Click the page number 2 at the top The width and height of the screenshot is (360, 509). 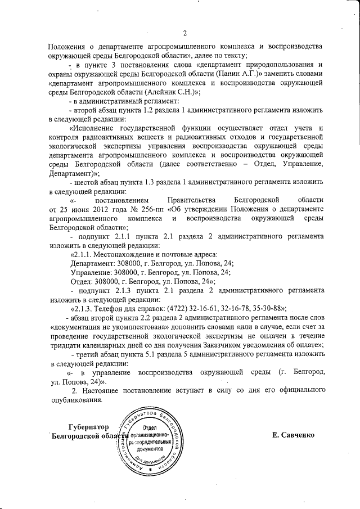tap(184, 32)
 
